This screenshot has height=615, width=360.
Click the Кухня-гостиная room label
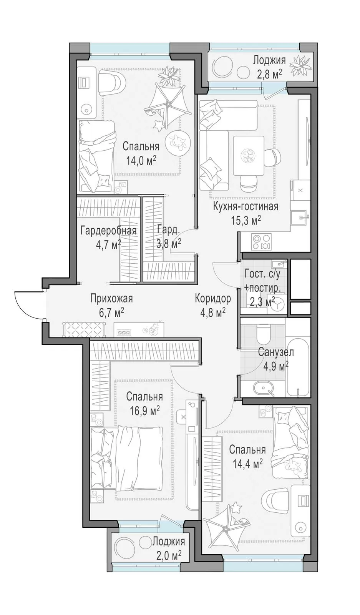(246, 206)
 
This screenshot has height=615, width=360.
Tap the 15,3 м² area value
(246, 221)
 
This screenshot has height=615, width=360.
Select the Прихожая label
(112, 298)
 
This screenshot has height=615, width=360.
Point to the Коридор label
(213, 298)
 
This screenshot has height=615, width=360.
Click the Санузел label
(276, 352)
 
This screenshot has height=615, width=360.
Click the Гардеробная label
(109, 231)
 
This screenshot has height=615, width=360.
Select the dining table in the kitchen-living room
(249, 155)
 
